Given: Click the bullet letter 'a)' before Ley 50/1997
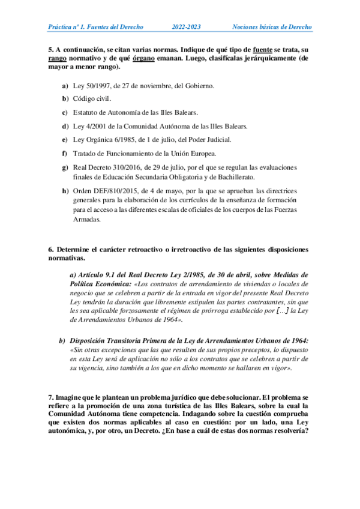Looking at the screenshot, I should coord(65,86).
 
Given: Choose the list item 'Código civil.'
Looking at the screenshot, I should coord(92,98).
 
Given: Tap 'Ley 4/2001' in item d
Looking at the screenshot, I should coord(88,126).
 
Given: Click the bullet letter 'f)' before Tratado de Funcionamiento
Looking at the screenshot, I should coord(64,153).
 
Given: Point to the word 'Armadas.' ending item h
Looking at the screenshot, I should coord(87,220).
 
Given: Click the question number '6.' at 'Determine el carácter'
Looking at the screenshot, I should coord(51,248).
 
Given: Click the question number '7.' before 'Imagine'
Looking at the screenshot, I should coord(51,397).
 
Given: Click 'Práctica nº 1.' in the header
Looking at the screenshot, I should coord(68,27).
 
